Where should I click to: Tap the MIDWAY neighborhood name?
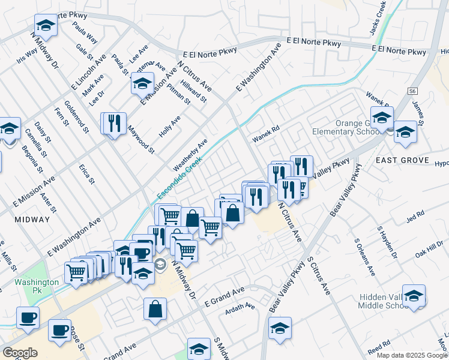(x=32, y=220)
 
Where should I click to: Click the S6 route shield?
(x=411, y=91)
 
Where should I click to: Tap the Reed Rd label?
(x=379, y=349)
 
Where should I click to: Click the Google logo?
(x=20, y=352)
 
